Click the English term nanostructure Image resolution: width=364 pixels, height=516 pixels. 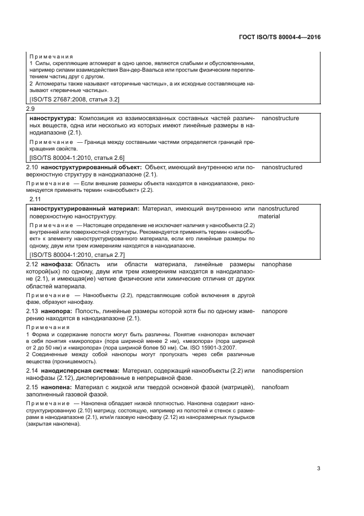[280, 118]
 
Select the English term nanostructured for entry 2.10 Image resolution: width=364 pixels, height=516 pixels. [282, 167]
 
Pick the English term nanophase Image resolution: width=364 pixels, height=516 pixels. [276, 265]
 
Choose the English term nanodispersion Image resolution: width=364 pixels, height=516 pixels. [282, 370]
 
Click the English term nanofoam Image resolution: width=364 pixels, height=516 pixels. [275, 388]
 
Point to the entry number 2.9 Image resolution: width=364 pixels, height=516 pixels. [31, 109]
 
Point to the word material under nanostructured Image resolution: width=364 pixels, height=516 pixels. [269, 217]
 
